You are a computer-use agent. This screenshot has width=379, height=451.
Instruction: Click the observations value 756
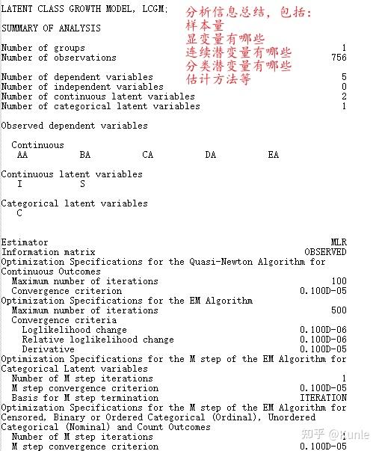(x=338, y=58)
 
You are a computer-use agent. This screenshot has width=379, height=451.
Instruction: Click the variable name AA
(x=22, y=155)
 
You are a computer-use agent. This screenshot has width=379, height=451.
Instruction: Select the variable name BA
(x=84, y=155)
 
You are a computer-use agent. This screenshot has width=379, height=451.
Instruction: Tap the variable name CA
(x=147, y=155)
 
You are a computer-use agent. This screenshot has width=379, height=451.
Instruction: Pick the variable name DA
(x=210, y=155)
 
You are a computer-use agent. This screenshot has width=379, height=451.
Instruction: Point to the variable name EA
(x=273, y=155)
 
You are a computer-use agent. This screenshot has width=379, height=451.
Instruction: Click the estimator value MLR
(x=339, y=242)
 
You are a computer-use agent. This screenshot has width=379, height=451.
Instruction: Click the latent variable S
(x=82, y=184)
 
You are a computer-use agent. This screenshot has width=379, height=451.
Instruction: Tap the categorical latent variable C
(x=19, y=213)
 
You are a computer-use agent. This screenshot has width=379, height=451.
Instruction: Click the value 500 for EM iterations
(x=339, y=310)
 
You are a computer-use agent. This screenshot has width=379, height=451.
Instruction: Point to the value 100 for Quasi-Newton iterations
(x=339, y=281)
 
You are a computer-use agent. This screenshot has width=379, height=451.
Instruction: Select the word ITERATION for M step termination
(x=323, y=398)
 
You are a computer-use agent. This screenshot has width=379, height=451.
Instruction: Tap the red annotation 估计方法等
(x=218, y=79)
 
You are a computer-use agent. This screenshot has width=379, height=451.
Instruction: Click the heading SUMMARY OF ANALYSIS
(x=51, y=28)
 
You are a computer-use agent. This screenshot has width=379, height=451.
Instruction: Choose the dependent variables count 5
(x=344, y=77)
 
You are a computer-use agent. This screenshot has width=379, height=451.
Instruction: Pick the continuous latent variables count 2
(x=344, y=96)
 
